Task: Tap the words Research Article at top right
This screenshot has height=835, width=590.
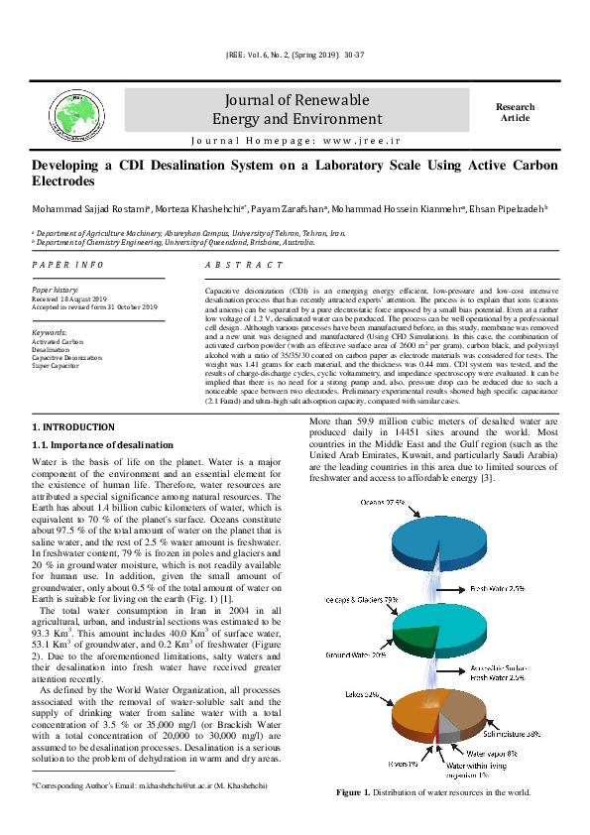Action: tap(515, 112)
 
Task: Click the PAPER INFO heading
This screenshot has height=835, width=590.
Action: tap(68, 266)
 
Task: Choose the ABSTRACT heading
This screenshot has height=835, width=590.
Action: tap(244, 266)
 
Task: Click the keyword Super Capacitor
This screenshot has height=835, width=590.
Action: tap(58, 366)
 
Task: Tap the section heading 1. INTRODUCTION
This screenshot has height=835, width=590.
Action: tap(74, 426)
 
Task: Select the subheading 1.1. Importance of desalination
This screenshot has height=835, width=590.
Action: tap(104, 443)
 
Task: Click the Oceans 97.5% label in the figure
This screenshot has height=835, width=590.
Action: tap(383, 503)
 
